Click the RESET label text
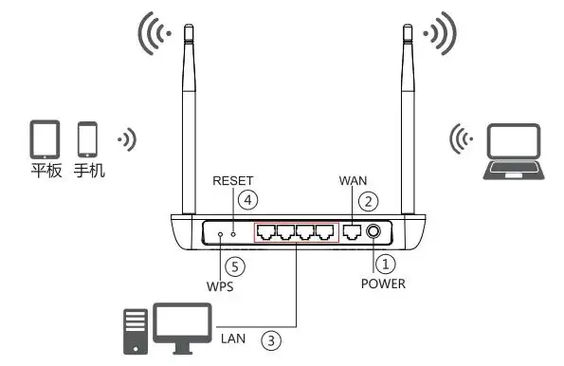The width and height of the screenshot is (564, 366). click(x=233, y=179)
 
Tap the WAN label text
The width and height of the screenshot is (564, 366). click(x=353, y=179)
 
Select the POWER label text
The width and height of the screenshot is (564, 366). click(x=383, y=283)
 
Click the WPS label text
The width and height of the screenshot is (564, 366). click(x=220, y=284)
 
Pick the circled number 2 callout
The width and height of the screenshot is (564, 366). click(x=370, y=200)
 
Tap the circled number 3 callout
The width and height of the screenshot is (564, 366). click(x=272, y=338)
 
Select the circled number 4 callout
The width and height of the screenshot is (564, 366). click(x=247, y=200)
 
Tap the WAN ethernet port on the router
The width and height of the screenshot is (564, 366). click(x=352, y=231)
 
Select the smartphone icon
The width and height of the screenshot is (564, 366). click(x=88, y=139)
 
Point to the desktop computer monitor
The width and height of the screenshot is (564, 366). click(x=181, y=323)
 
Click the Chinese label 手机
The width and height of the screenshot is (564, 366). click(x=89, y=173)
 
